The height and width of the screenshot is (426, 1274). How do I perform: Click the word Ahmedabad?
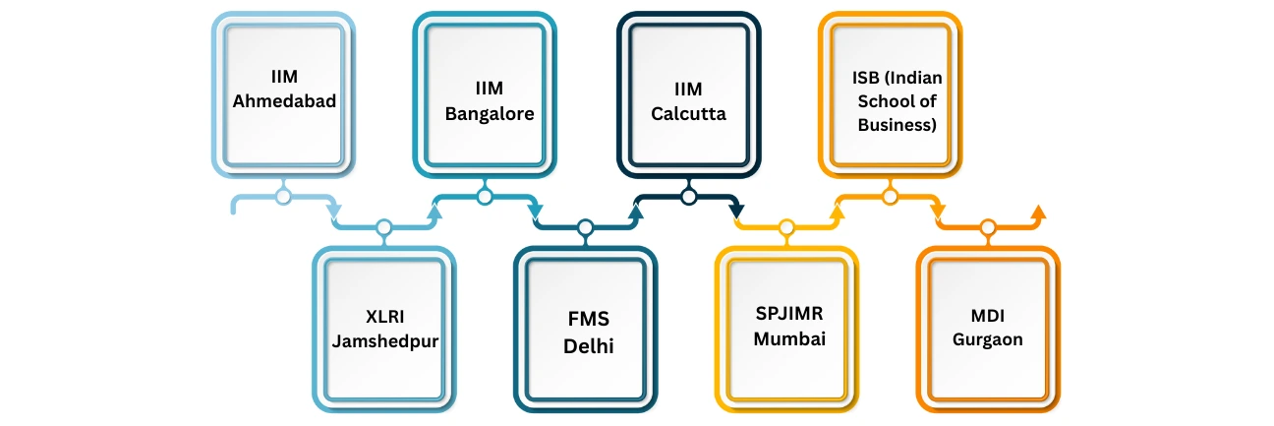[x=283, y=99]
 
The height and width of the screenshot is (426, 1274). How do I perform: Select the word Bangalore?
[x=490, y=113]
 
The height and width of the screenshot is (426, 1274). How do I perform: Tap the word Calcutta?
[x=688, y=113]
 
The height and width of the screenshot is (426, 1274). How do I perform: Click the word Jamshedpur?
[x=384, y=340]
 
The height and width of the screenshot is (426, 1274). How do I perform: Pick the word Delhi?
[x=585, y=345]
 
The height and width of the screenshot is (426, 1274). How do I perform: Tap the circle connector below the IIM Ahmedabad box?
[x=283, y=197]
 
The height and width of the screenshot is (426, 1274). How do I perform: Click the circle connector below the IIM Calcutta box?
[x=688, y=197]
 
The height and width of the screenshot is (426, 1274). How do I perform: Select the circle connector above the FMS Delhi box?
[x=585, y=228]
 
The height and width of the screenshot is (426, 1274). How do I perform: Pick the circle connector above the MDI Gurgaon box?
[x=988, y=228]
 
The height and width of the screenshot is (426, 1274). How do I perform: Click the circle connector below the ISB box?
[x=891, y=197]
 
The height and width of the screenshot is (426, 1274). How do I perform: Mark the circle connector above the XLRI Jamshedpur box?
[x=384, y=228]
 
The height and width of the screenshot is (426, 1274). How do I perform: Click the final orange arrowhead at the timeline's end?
[x=1038, y=211]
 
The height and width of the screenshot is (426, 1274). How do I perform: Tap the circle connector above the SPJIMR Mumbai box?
[x=785, y=228]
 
